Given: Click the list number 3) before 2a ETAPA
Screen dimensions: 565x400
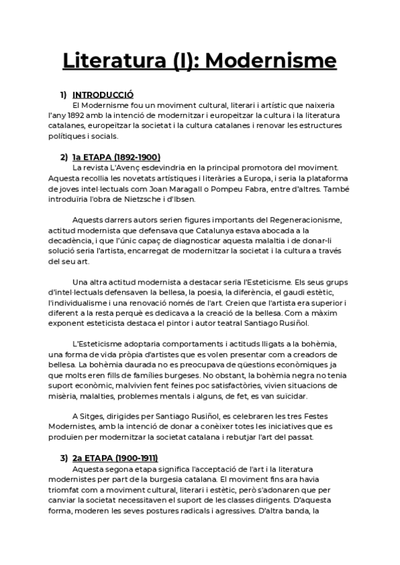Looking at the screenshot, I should click(x=64, y=458).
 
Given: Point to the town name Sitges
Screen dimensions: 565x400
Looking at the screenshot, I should click(x=93, y=416).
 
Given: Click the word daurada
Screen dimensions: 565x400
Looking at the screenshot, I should click(x=145, y=365).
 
